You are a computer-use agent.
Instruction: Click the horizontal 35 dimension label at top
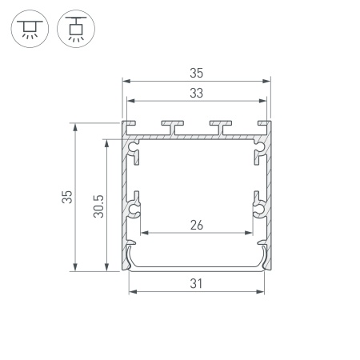coord(197,73)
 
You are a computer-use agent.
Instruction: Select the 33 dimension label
coord(197,93)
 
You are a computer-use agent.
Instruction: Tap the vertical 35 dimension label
coord(67,197)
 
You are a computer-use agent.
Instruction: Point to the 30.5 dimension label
coord(98,206)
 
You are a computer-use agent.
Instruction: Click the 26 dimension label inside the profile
coord(197,225)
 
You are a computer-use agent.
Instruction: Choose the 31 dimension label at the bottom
coord(196,283)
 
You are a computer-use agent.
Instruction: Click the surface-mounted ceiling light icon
coord(30,29)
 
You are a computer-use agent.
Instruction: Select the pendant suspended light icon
coord(76,29)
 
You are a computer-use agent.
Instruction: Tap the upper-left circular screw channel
coord(133,147)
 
